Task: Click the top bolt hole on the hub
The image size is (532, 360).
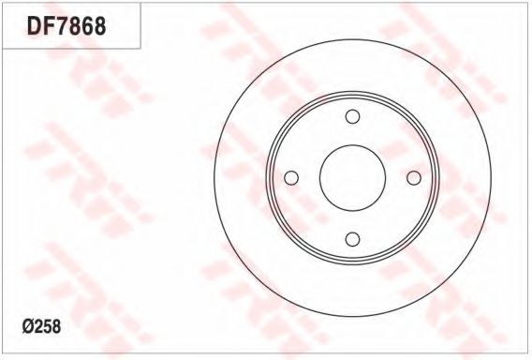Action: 352,116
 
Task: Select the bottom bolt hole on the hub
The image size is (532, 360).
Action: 352,239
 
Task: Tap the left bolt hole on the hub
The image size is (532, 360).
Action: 291,178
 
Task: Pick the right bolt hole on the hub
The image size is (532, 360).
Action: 414,178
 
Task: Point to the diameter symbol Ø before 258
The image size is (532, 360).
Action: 28,327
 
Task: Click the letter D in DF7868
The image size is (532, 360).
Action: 35,26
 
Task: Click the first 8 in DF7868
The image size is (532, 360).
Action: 74,26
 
